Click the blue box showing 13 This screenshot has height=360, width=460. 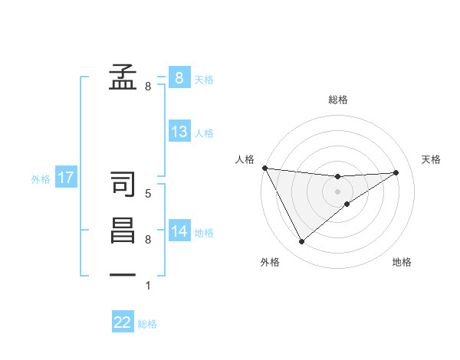click(179, 132)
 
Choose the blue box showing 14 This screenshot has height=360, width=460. click(179, 231)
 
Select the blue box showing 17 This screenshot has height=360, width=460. click(66, 178)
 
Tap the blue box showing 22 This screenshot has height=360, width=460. click(123, 322)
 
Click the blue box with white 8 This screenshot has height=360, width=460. click(179, 77)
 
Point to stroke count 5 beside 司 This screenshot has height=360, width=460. click(148, 194)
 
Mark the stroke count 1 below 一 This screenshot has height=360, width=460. click(148, 286)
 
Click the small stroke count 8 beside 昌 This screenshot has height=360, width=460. click(148, 240)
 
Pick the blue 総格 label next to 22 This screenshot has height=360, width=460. click(147, 324)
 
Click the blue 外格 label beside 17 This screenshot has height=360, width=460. click(41, 179)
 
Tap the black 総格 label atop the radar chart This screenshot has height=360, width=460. click(338, 100)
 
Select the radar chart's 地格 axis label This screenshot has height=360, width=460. click(402, 262)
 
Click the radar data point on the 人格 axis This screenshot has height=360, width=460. click(264, 168)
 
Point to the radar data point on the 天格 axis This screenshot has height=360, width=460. click(396, 172)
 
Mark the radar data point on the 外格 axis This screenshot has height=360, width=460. click(301, 242)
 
